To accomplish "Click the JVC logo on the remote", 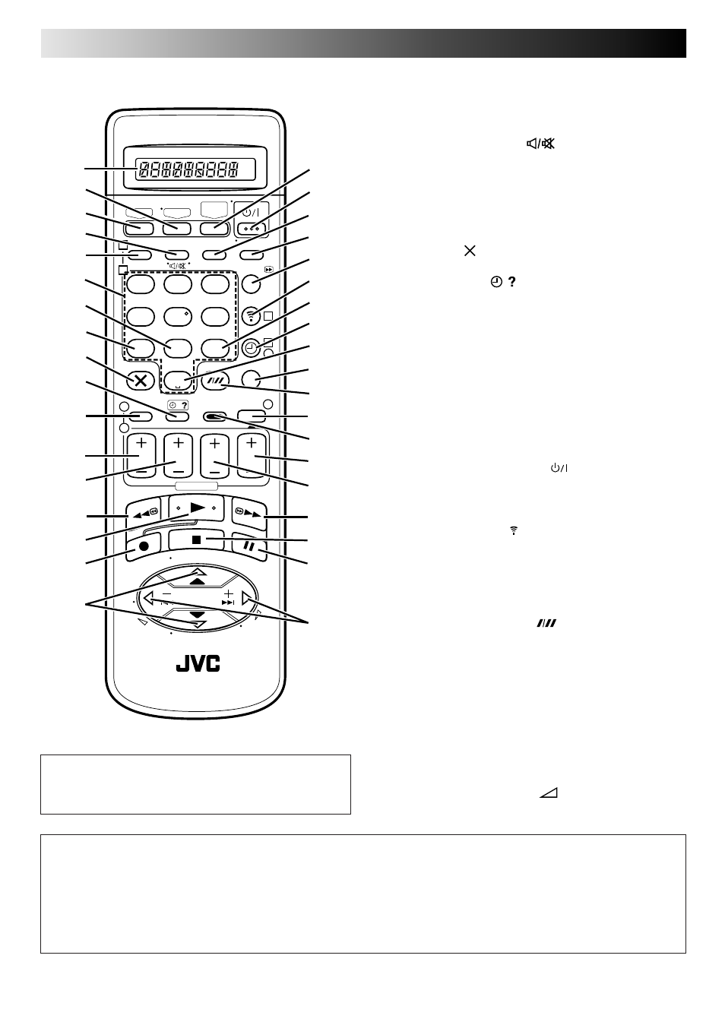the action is click(x=198, y=663).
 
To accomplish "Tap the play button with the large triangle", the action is click(x=196, y=508).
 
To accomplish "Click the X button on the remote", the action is click(x=141, y=380).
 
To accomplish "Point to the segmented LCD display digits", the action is click(x=188, y=170).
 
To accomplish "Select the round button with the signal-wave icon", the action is click(x=251, y=316).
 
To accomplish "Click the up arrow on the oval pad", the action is click(x=198, y=577).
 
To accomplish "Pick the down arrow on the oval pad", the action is click(x=198, y=618).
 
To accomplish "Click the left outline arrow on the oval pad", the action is click(x=148, y=598).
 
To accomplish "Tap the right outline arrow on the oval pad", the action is click(x=247, y=598).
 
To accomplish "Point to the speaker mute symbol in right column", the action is click(x=540, y=144).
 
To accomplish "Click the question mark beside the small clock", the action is click(x=512, y=282).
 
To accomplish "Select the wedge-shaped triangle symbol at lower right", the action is click(x=549, y=793).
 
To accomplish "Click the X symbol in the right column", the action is click(x=470, y=251).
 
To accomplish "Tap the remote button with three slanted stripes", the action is click(x=214, y=381).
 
